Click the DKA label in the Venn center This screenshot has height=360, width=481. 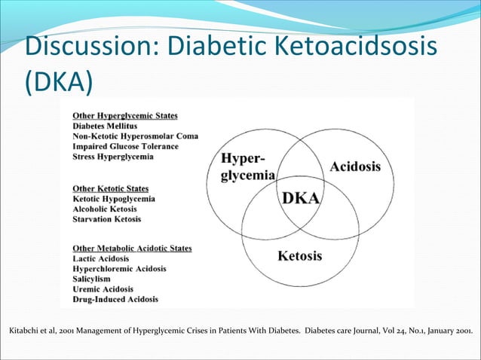[x=301, y=198]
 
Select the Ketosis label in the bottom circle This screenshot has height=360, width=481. [x=299, y=256]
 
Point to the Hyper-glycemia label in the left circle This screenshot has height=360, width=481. [x=247, y=166]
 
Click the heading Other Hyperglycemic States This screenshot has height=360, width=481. [x=125, y=116]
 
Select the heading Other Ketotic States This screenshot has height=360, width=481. [x=110, y=188]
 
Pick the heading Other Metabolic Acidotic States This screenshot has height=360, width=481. [x=132, y=248]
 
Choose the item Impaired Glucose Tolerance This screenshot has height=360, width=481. [x=125, y=146]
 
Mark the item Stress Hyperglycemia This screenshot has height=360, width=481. [x=113, y=157]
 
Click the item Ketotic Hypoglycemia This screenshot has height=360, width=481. [x=114, y=199]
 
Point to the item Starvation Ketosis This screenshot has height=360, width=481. [x=106, y=219]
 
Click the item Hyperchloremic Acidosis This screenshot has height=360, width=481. [x=119, y=269]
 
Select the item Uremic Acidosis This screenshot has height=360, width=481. [x=103, y=289]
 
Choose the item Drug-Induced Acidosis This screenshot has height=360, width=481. [x=115, y=299]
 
